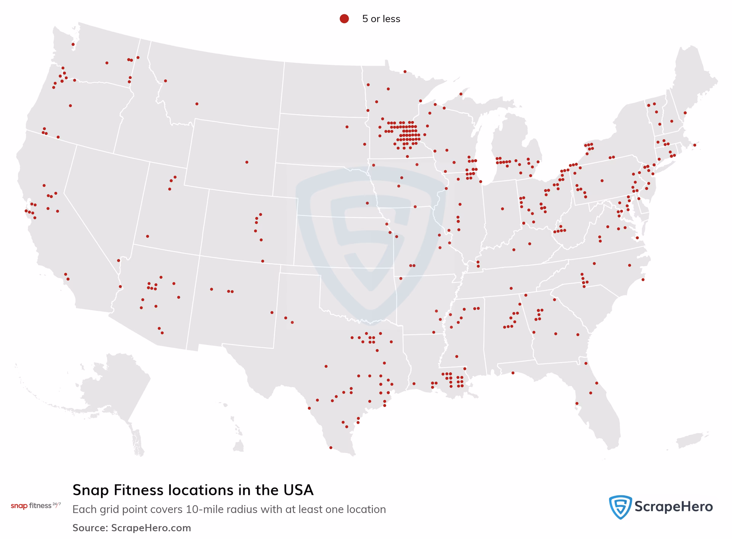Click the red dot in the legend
point(344,19)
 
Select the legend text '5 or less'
point(381,19)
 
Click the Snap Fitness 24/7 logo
point(35,506)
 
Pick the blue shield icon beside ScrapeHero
point(620,507)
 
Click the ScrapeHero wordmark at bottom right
point(673,507)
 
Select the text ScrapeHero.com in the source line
point(151,528)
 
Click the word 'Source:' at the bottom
point(90,528)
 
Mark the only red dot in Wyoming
point(247,162)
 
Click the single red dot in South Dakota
point(347,127)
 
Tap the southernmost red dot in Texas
point(331,448)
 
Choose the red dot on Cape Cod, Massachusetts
point(695,145)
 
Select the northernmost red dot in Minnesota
point(405,72)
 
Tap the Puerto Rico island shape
point(690,440)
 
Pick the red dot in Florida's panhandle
point(513,373)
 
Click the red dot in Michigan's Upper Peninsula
point(461,94)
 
